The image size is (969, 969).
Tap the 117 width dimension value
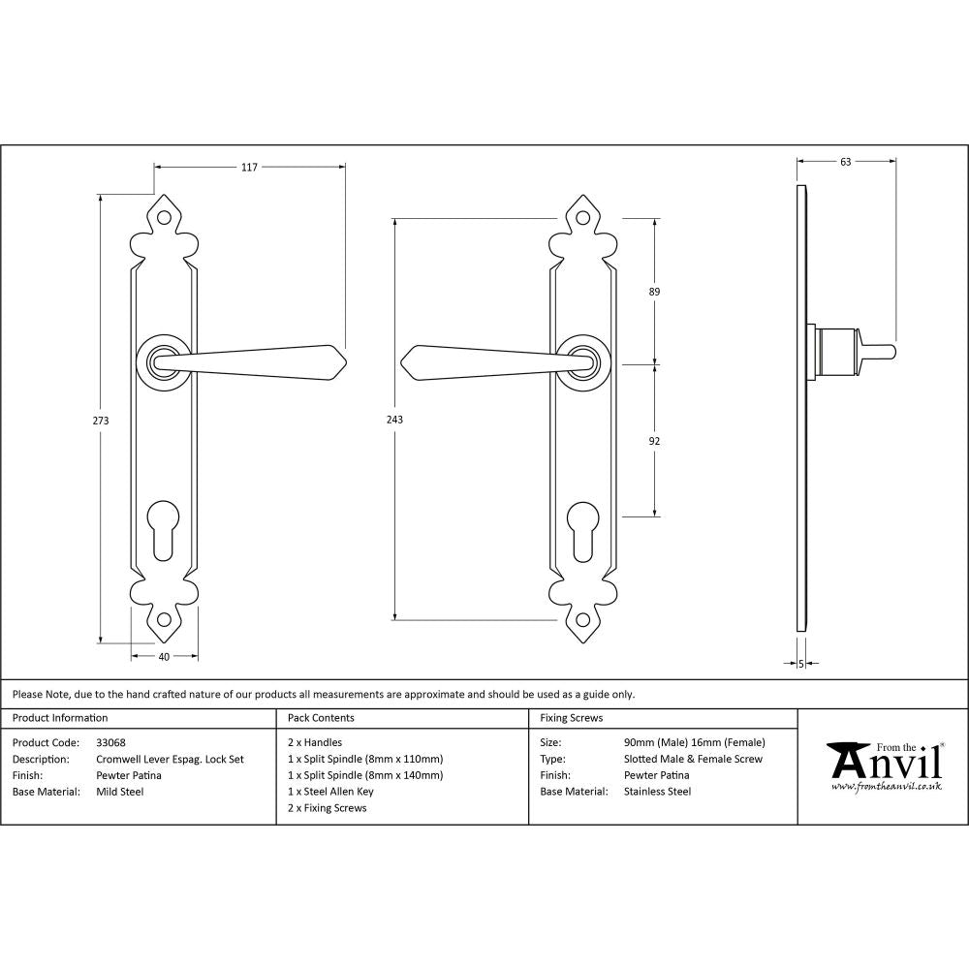click(x=249, y=168)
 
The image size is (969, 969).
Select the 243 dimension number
click(x=394, y=420)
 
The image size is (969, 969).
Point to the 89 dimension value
click(x=654, y=292)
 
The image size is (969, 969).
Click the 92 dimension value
click(x=654, y=441)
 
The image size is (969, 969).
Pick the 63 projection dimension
click(x=845, y=162)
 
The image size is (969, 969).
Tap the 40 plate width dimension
click(x=164, y=657)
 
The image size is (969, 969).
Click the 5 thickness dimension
click(x=801, y=664)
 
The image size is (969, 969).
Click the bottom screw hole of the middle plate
click(x=581, y=620)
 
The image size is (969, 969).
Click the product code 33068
click(x=111, y=743)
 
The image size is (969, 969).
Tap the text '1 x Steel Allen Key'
click(x=330, y=792)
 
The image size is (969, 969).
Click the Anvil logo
click(x=884, y=765)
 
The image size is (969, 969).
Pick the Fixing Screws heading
click(x=571, y=718)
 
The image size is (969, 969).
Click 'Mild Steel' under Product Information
click(x=120, y=792)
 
